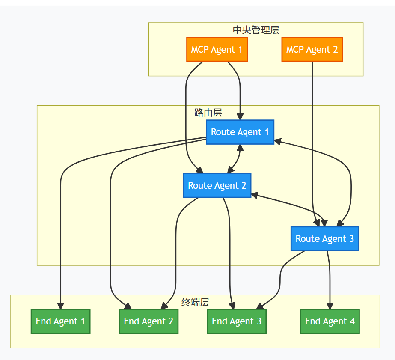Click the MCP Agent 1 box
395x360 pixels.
217,49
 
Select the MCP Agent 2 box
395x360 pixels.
312,49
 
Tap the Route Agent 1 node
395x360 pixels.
240,132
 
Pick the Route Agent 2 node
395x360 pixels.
217,185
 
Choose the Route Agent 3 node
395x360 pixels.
324,238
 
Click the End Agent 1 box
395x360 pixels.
60,321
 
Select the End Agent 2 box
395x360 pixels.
148,321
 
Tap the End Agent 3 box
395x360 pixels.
237,321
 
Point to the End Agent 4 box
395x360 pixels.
330,321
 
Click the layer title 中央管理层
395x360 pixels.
255,30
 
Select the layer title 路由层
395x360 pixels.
208,113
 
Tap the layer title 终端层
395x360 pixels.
195,302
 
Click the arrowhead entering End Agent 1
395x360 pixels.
60,306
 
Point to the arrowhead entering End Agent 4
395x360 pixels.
330,306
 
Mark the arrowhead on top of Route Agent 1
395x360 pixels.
240,116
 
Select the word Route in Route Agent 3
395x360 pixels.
307,238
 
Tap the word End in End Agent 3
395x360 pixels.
220,321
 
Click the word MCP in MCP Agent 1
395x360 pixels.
200,49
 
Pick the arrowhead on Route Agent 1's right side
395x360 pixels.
277,141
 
